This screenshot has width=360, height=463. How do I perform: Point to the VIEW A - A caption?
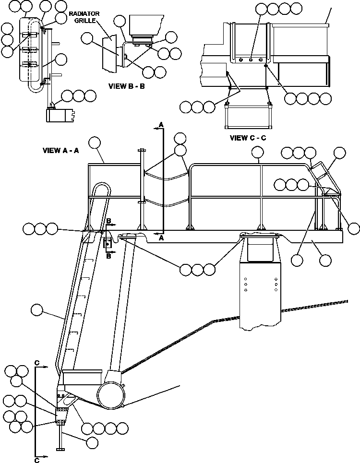point(61,150)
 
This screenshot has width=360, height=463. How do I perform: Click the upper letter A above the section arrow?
point(161,125)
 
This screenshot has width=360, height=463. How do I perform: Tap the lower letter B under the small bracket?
point(108,256)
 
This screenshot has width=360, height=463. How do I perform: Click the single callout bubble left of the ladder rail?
point(36,310)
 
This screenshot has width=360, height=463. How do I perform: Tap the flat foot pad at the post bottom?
point(60,449)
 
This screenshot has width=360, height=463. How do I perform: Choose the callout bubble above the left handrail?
point(95,142)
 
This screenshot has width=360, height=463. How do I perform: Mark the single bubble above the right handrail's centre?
point(258,153)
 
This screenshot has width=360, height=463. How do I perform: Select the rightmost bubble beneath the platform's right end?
point(325,261)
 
